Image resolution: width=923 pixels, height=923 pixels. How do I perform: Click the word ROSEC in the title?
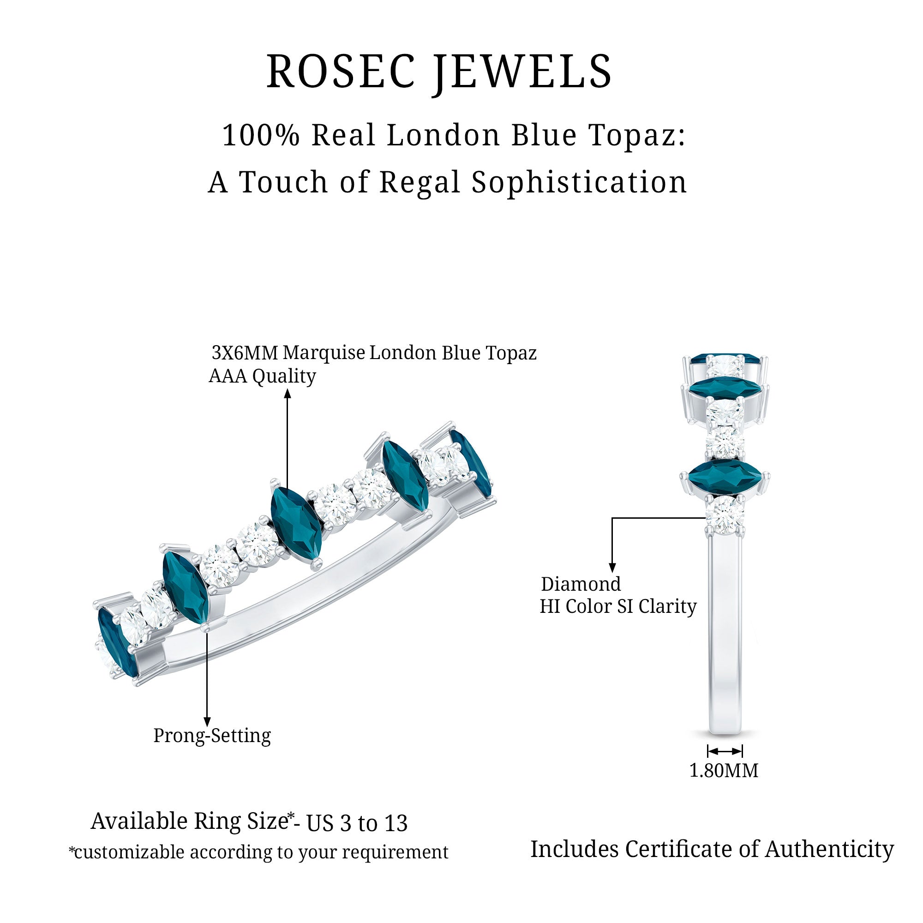[340, 72]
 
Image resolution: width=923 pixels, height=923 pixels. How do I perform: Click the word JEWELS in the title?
[523, 72]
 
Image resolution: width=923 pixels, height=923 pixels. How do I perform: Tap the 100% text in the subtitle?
[260, 135]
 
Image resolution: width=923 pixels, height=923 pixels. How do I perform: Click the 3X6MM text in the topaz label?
[245, 353]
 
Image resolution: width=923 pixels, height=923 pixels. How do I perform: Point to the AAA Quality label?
[262, 376]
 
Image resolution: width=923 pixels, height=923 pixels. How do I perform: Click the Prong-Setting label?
[212, 735]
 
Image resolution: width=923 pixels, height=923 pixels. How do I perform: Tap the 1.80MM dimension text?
[724, 771]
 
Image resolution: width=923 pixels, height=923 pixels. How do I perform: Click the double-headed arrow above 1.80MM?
[725, 751]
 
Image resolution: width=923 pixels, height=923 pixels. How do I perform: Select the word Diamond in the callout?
[581, 584]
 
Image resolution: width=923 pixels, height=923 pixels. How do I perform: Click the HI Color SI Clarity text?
[618, 607]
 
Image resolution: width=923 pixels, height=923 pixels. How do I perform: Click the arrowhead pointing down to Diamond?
[612, 568]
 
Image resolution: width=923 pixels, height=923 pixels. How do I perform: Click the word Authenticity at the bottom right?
[829, 850]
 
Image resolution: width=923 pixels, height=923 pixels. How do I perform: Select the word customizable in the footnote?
[129, 852]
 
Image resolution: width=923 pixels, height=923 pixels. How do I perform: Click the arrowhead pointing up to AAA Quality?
[287, 394]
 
